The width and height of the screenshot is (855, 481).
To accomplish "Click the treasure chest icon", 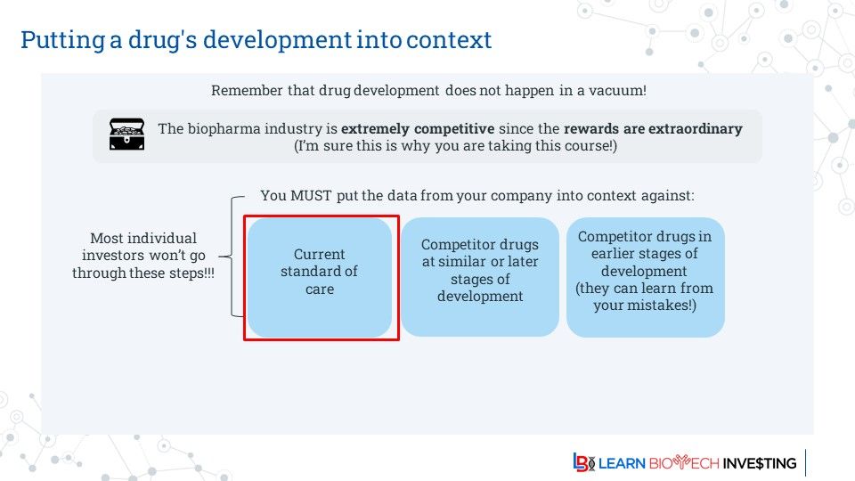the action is [x=126, y=135].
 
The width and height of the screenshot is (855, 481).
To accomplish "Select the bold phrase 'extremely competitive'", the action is [x=418, y=129].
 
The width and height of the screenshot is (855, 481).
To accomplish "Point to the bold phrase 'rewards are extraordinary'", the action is [x=653, y=128].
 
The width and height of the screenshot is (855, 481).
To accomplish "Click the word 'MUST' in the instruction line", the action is [x=311, y=195].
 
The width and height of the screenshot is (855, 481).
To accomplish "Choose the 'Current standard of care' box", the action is [x=320, y=278].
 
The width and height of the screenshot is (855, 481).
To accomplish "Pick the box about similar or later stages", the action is [x=480, y=277].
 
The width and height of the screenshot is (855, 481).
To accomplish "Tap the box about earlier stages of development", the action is [x=645, y=277].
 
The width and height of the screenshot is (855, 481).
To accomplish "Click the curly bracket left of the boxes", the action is [x=232, y=257].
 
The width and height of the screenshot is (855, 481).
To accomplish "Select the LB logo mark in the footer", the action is [x=583, y=462].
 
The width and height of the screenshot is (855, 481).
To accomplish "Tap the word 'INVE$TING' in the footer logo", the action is [x=760, y=463].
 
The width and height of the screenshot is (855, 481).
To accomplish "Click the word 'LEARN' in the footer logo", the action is [x=622, y=463].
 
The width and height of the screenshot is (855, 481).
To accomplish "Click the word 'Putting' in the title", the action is [x=62, y=41].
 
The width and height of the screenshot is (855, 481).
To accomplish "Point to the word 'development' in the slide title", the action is [x=278, y=41].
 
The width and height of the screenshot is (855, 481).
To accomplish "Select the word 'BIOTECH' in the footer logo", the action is [x=684, y=463].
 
